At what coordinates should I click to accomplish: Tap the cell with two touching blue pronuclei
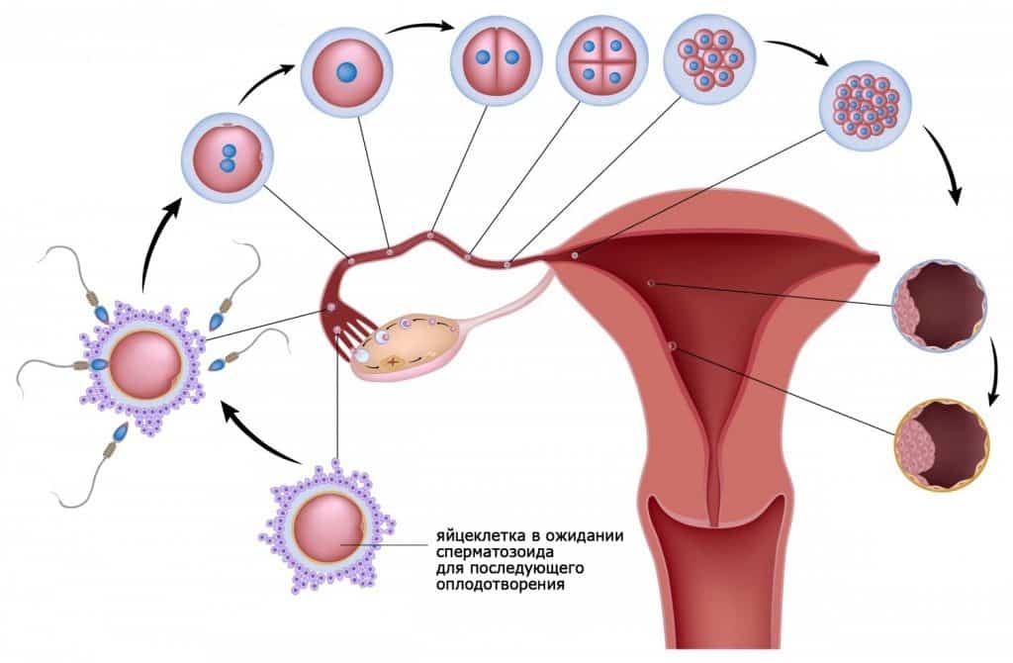228,157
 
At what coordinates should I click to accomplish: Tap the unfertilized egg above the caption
328,526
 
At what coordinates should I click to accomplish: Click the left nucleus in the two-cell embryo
483,56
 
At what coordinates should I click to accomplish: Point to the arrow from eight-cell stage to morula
797,50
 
